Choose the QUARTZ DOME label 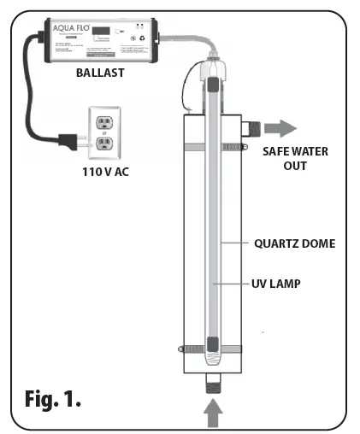294,243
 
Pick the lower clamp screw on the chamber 181,348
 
